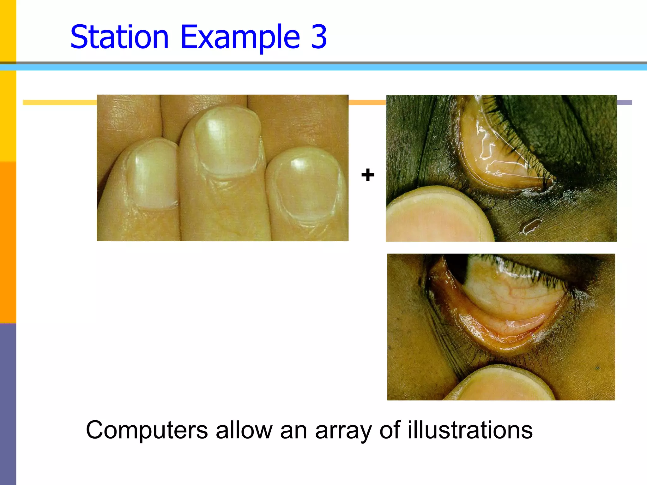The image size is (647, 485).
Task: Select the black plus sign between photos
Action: click(x=368, y=175)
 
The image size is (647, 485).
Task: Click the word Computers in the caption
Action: click(x=147, y=430)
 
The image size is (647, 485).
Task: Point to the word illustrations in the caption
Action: click(x=470, y=430)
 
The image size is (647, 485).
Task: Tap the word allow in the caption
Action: click(x=244, y=430)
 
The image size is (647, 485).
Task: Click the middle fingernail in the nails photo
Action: click(x=228, y=142)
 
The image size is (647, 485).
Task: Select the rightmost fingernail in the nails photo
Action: click(x=305, y=186)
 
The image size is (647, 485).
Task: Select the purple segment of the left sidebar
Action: click(x=8, y=404)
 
